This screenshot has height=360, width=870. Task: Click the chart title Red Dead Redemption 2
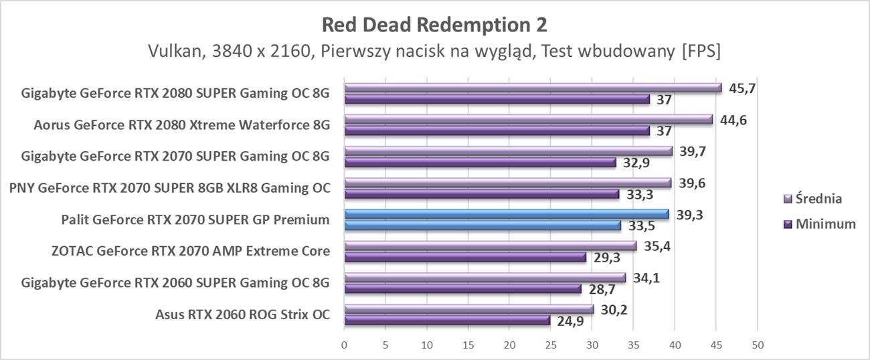pos(434,25)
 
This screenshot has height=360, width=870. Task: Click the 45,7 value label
pos(742,88)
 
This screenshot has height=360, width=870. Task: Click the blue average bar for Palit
pos(506,214)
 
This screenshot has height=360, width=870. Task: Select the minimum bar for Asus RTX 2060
pos(446,321)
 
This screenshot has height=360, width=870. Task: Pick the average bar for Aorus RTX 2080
pos(528,119)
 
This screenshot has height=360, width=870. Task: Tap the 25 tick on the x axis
pos(551,345)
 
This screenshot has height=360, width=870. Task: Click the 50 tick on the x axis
pos(757,345)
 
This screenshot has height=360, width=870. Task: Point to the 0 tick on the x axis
pos(344,345)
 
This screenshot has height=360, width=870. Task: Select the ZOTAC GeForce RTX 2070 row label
pos(190,252)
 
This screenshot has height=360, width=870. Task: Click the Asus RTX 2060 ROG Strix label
pos(242,314)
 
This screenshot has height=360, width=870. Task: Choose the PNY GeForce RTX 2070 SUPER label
pos(169,188)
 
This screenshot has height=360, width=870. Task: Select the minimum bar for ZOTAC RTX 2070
pos(464,257)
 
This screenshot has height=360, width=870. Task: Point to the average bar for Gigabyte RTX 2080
pos(533,88)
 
